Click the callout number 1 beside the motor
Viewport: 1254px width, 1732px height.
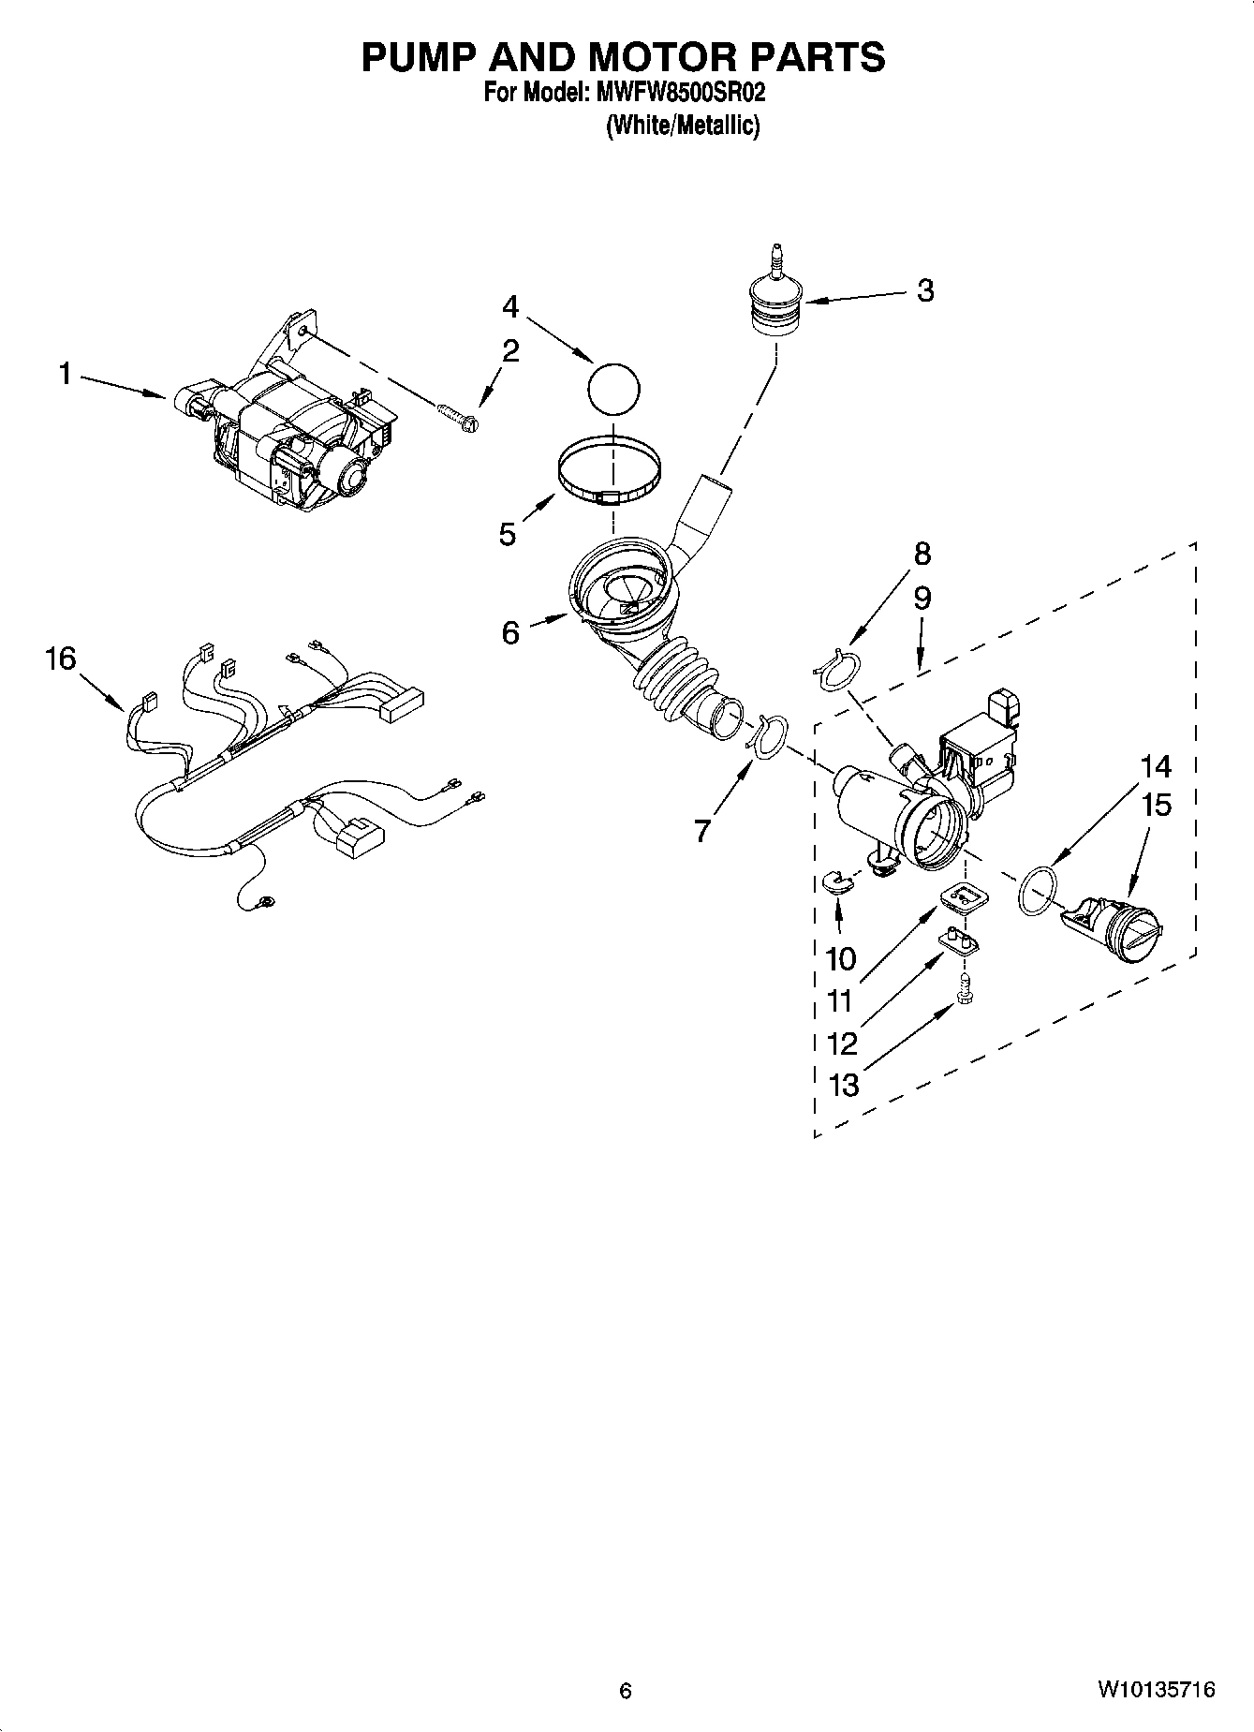[x=65, y=375]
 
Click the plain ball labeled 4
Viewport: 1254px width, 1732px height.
[x=613, y=386]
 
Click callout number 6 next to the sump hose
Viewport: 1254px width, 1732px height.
[x=509, y=634]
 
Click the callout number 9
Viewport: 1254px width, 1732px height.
[x=922, y=599]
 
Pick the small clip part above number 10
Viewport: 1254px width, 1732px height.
[x=835, y=881]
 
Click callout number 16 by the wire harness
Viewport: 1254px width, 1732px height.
[x=61, y=659]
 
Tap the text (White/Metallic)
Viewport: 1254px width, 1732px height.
[x=683, y=126]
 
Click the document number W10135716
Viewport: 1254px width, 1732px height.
[x=1157, y=1690]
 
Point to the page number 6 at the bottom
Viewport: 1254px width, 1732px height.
[x=626, y=1691]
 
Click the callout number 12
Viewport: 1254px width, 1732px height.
[x=844, y=1043]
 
